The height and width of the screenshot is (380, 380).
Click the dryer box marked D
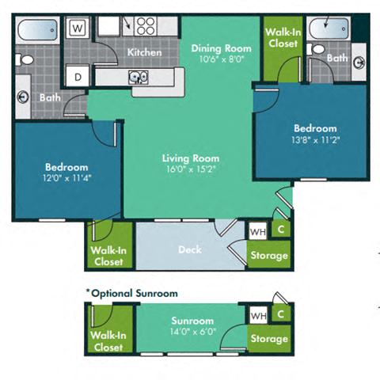click(78, 77)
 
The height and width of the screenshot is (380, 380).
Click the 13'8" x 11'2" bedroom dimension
click(315, 139)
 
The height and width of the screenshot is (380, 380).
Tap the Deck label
click(189, 249)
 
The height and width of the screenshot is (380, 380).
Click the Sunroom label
click(192, 321)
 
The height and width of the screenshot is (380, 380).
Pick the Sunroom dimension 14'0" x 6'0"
click(192, 332)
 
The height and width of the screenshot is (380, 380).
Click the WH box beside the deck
click(258, 232)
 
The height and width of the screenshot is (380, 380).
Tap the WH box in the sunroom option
click(258, 315)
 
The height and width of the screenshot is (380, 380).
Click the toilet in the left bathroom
click(25, 62)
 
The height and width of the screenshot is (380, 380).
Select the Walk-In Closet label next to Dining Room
click(282, 37)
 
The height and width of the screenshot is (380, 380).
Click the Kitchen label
click(145, 52)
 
